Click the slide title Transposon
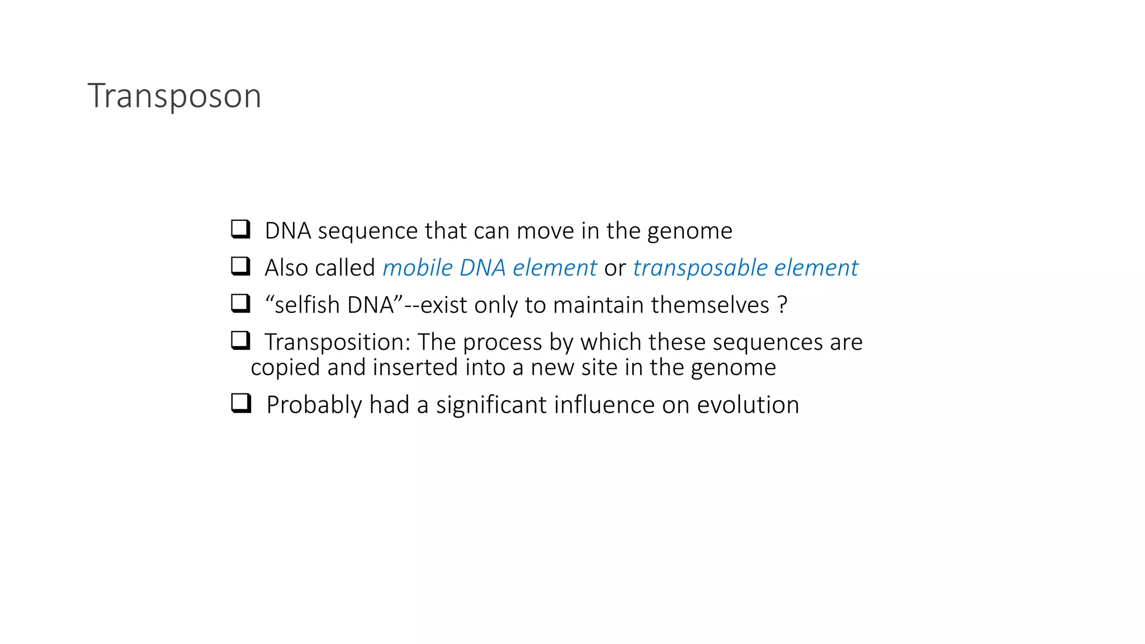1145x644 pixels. (174, 96)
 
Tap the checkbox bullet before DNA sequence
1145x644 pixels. (240, 229)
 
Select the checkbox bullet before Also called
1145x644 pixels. (240, 266)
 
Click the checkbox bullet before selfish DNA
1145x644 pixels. (240, 304)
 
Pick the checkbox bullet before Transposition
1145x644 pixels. (240, 340)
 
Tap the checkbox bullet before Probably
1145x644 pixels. (241, 403)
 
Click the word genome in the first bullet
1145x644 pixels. (689, 231)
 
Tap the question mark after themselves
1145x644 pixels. (782, 305)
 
